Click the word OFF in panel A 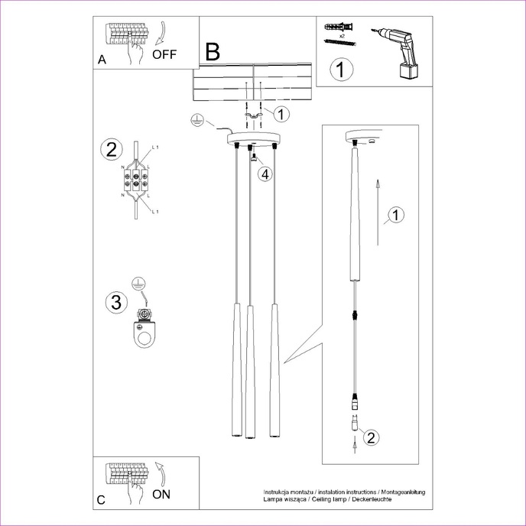point(164,54)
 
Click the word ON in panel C point(161,495)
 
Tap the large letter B point(212,52)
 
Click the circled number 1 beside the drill point(342,70)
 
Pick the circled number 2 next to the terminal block point(112,148)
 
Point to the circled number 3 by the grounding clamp point(115,302)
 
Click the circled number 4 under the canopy point(264,174)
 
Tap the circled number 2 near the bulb point(370,438)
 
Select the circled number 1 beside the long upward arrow point(394,216)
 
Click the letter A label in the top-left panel point(102,60)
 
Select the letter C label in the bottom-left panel point(102,501)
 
